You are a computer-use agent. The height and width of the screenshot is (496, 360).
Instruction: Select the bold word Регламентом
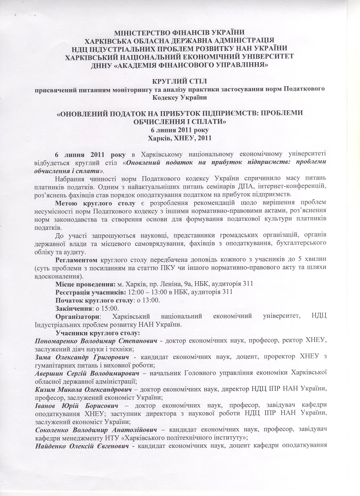(76, 260)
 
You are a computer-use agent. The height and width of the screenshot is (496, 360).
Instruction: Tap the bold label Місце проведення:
(85, 284)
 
